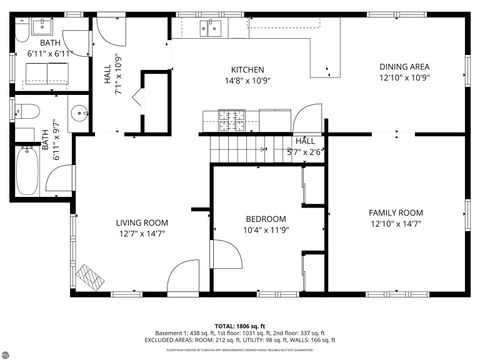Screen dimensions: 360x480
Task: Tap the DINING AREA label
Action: (x=404, y=67)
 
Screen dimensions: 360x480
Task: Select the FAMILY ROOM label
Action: (x=396, y=212)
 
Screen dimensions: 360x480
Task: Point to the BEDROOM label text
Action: (x=266, y=218)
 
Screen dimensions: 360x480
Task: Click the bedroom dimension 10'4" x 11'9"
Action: (x=266, y=230)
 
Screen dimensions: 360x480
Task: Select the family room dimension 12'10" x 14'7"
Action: (x=396, y=224)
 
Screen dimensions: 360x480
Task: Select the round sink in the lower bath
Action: (x=76, y=110)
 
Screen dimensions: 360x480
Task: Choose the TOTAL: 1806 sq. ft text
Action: (x=240, y=325)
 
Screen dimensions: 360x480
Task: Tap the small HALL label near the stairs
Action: (x=305, y=142)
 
